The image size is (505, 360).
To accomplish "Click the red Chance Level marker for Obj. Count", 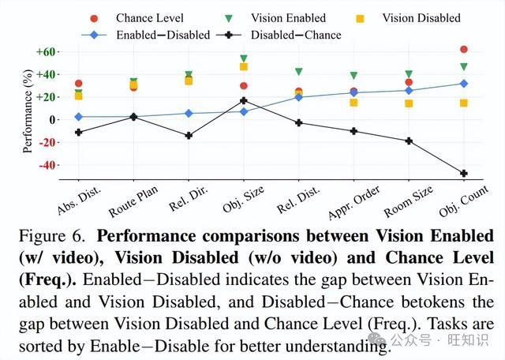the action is coord(464,49).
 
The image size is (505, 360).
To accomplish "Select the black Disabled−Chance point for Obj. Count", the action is coord(464,174).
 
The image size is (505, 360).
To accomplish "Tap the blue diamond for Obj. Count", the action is coord(464,84).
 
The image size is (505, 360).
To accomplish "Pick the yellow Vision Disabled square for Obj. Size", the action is coord(244,67).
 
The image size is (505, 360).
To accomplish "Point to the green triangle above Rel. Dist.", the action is coord(299,72).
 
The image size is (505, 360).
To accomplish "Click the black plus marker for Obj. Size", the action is coord(244,101).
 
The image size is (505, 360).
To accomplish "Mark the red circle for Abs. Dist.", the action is coord(79,84).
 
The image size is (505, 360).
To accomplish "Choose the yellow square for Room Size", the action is coord(409,103).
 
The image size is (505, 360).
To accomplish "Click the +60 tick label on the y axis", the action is coord(46,52).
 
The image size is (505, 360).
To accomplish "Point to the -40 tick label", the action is coord(47,165).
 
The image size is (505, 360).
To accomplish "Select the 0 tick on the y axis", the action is coord(53,120).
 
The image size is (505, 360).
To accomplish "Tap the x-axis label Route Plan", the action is coord(133,201).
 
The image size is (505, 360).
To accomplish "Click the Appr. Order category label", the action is coord(354,202).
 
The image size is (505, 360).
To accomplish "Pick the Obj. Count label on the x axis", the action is coord(464,201).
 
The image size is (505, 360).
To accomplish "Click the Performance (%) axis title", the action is coord(28,111).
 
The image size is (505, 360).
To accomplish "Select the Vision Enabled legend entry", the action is coord(276,18).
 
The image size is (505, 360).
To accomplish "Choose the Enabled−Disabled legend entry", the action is coord(146,35).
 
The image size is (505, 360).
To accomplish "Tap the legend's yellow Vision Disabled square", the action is coord(360,19).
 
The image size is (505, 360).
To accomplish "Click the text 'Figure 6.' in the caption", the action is coord(52,236).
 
